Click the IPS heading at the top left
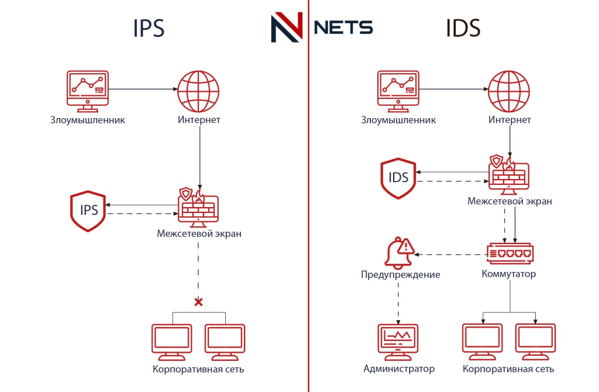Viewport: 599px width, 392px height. coord(149,29)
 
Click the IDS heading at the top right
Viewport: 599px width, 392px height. coord(463,29)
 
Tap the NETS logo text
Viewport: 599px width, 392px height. coord(343,27)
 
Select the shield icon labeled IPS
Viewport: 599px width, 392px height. coord(88,211)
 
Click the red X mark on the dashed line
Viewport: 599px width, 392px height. coord(198,302)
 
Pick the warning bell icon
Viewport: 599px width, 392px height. coord(398,253)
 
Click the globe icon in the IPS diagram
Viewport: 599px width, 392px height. coord(198,91)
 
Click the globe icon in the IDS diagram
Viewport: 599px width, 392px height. coord(509,91)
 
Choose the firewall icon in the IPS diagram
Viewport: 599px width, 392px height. coord(198,207)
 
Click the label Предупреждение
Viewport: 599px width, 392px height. coord(400,274)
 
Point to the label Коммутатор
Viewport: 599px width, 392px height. coord(508,274)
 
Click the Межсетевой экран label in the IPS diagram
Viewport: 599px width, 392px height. coord(199,233)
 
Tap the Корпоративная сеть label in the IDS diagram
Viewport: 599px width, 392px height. coord(508,369)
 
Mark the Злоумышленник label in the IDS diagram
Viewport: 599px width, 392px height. coord(398,120)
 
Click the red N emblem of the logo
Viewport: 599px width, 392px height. coord(287,27)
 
